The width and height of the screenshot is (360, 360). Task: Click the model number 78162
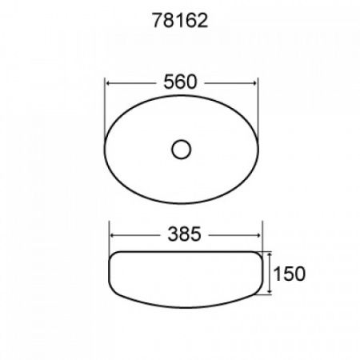pyautogui.click(x=180, y=21)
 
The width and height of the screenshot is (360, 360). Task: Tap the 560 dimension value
pyautogui.click(x=180, y=82)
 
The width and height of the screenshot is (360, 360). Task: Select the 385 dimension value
pyautogui.click(x=184, y=234)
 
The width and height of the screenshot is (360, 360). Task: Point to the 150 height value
pyautogui.click(x=290, y=274)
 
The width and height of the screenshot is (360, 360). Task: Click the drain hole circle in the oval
pyautogui.click(x=182, y=150)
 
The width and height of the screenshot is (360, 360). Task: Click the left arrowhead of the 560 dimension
pyautogui.click(x=109, y=83)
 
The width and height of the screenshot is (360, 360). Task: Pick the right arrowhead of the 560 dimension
pyautogui.click(x=254, y=83)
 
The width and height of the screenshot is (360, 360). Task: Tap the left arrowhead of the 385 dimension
pyautogui.click(x=113, y=235)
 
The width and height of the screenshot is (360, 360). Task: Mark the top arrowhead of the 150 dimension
pyautogui.click(x=270, y=255)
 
